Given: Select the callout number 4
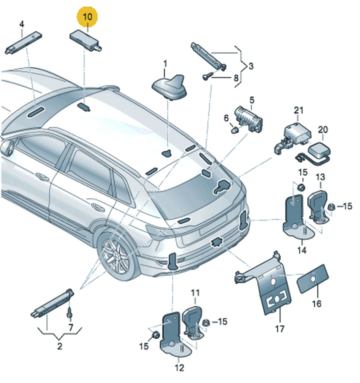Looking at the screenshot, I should pos(22,24).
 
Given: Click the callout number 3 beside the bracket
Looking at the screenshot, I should pos(251,66).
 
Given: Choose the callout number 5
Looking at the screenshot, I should pos(252,101).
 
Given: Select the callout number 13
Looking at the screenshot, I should pos(320,177).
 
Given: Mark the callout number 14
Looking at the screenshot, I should pos(302,250).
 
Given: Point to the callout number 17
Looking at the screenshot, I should pos(280,328).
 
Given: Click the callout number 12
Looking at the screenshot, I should pos(180,368).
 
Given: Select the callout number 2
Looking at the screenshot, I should pos(60,346).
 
